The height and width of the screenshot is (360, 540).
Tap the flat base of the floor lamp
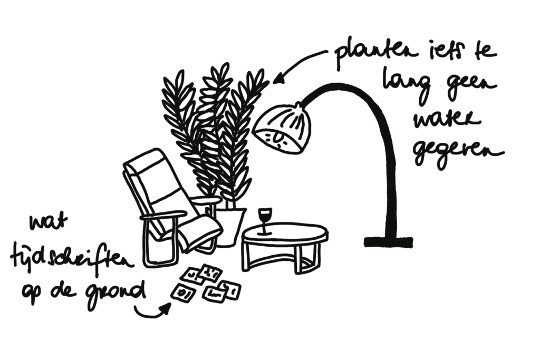tap(388, 242)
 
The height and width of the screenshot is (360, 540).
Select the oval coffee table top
tap(285, 233)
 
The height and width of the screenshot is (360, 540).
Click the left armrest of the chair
tap(163, 215)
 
